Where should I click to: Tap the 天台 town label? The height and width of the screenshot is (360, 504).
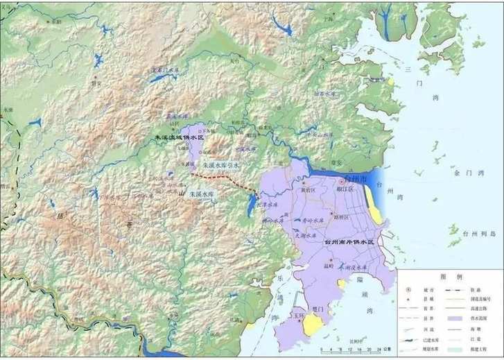point(234,61)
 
